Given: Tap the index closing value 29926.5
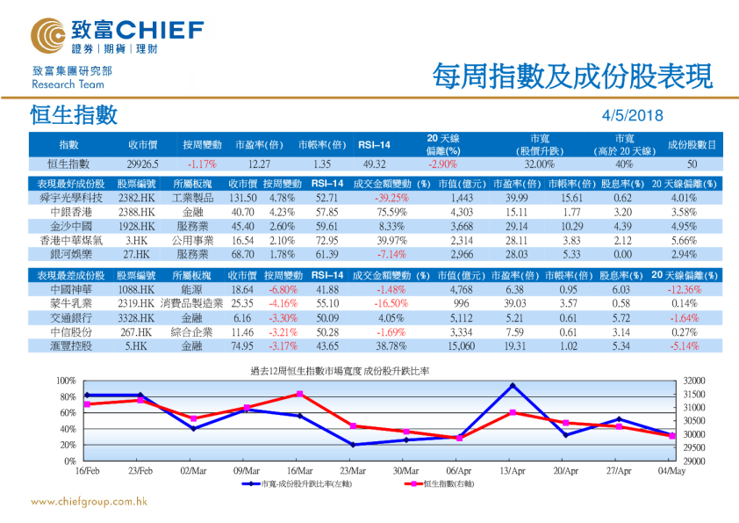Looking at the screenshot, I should coord(141,163).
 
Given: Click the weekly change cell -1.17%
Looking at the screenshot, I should coord(202,163).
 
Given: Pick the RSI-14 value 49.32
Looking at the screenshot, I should coord(374,163).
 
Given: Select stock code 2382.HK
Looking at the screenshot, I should coord(137,198).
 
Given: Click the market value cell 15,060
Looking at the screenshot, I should coord(461,346).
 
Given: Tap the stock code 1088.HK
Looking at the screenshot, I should coord(137,289).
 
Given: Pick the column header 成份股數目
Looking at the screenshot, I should coord(692,143).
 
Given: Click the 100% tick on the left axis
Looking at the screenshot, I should coord(66,380).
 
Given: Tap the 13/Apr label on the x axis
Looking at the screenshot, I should coord(511,471).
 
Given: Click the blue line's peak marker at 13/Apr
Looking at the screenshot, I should coord(512,385).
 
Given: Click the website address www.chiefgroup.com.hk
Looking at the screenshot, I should coord(88,502).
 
